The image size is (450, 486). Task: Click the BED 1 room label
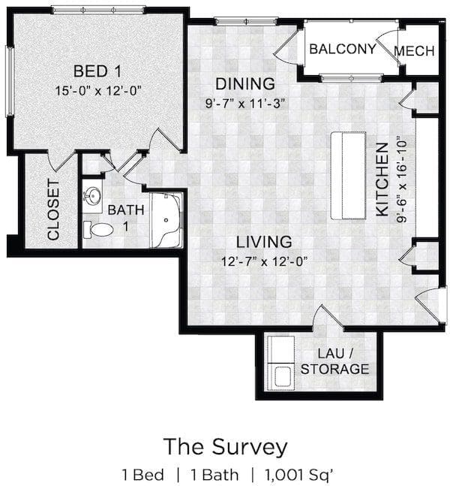(97, 71)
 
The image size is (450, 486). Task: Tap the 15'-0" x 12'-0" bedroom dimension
(98, 91)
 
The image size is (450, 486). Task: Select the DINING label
(245, 83)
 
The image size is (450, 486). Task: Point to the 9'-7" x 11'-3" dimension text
(244, 104)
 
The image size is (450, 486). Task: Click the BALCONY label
(343, 49)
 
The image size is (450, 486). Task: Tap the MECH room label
(415, 51)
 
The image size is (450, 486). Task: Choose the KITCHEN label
(382, 179)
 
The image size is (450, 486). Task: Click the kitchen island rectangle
(349, 176)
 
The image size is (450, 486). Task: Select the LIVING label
(264, 242)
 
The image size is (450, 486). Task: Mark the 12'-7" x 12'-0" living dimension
(264, 261)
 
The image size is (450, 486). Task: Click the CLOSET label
(53, 210)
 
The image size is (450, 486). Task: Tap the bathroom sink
(92, 196)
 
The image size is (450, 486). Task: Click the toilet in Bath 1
(98, 230)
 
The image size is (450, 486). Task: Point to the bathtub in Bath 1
(166, 220)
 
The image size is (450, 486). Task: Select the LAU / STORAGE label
(334, 361)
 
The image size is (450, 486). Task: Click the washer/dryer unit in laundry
(280, 363)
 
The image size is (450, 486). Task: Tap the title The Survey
(225, 447)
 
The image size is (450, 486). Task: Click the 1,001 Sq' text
(299, 475)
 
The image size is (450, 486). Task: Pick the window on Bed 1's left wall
(10, 81)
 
